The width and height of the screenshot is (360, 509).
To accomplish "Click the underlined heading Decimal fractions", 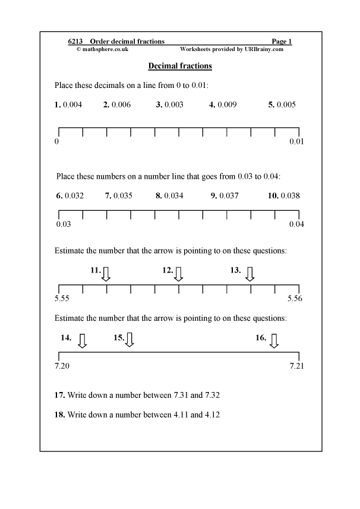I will pos(179,66).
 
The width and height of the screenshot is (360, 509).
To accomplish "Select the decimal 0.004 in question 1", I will pos(72,105).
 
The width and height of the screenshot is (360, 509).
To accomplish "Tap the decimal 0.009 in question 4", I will pos(227,105).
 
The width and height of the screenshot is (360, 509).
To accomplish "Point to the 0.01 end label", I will pos(296,142).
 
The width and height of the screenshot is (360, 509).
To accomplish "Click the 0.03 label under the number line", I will pos(62,224).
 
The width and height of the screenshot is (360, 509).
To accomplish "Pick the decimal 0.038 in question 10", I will pos(290,195).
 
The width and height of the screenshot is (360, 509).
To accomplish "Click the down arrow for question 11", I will pos(106,274).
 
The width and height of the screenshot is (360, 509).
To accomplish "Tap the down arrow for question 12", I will pos(179,274).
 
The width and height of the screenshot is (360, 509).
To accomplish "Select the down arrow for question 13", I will pos(250,274).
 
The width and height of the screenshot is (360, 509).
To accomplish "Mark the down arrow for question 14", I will pos(83,340).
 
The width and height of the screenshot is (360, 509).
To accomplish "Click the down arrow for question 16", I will pos(274,340).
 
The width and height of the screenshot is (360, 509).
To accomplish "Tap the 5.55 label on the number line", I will pos(62,299).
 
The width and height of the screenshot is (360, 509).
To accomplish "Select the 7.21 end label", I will pos(296,366).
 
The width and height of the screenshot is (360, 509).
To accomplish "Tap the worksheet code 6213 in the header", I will pos(75,42).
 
